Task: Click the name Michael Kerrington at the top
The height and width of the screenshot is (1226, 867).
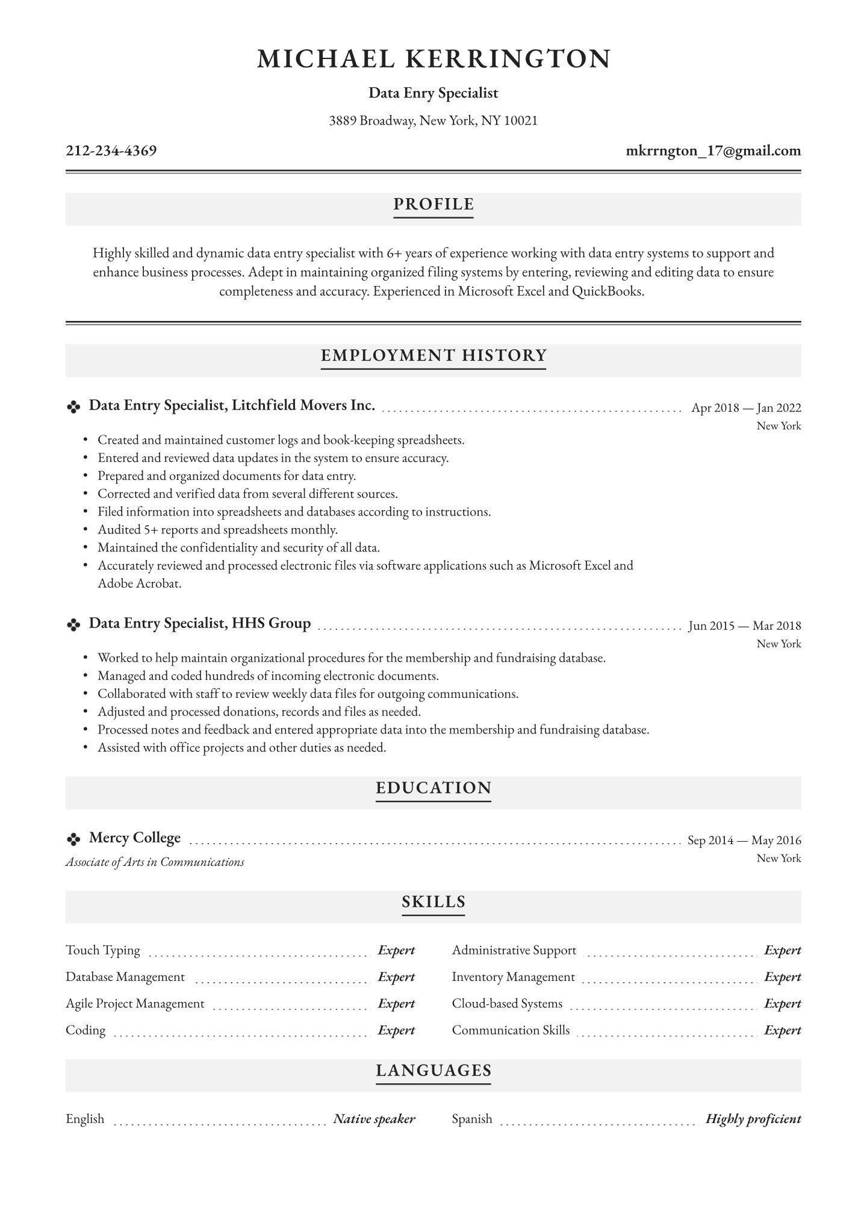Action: (433, 59)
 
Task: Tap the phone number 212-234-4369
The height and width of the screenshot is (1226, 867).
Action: (111, 151)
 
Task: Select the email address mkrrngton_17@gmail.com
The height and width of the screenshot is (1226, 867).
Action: (713, 151)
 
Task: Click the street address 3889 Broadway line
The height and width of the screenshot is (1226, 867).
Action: (433, 121)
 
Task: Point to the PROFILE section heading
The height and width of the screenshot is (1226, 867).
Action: (433, 205)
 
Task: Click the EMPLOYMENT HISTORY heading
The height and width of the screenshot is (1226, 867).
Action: (433, 355)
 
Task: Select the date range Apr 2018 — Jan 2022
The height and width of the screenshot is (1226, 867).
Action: (746, 408)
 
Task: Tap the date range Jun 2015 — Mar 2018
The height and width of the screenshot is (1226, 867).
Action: (745, 626)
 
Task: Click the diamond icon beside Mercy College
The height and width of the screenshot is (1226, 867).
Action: (73, 839)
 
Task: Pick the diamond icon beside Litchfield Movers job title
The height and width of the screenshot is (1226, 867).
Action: (73, 408)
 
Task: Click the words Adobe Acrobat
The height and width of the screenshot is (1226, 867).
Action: (139, 583)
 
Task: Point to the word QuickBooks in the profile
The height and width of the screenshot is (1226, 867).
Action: (608, 291)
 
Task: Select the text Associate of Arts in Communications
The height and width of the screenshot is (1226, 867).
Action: (155, 862)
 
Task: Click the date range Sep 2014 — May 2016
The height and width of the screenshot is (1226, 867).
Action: (744, 840)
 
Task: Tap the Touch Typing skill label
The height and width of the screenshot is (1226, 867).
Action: (103, 950)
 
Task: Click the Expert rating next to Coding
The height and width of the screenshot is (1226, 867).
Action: (396, 1030)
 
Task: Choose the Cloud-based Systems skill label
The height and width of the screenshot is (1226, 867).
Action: (507, 1004)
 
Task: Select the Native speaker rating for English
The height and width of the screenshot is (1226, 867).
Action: (374, 1119)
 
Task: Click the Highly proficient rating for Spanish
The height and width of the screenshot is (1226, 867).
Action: (753, 1119)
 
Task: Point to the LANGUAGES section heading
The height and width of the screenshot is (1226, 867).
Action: (433, 1070)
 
